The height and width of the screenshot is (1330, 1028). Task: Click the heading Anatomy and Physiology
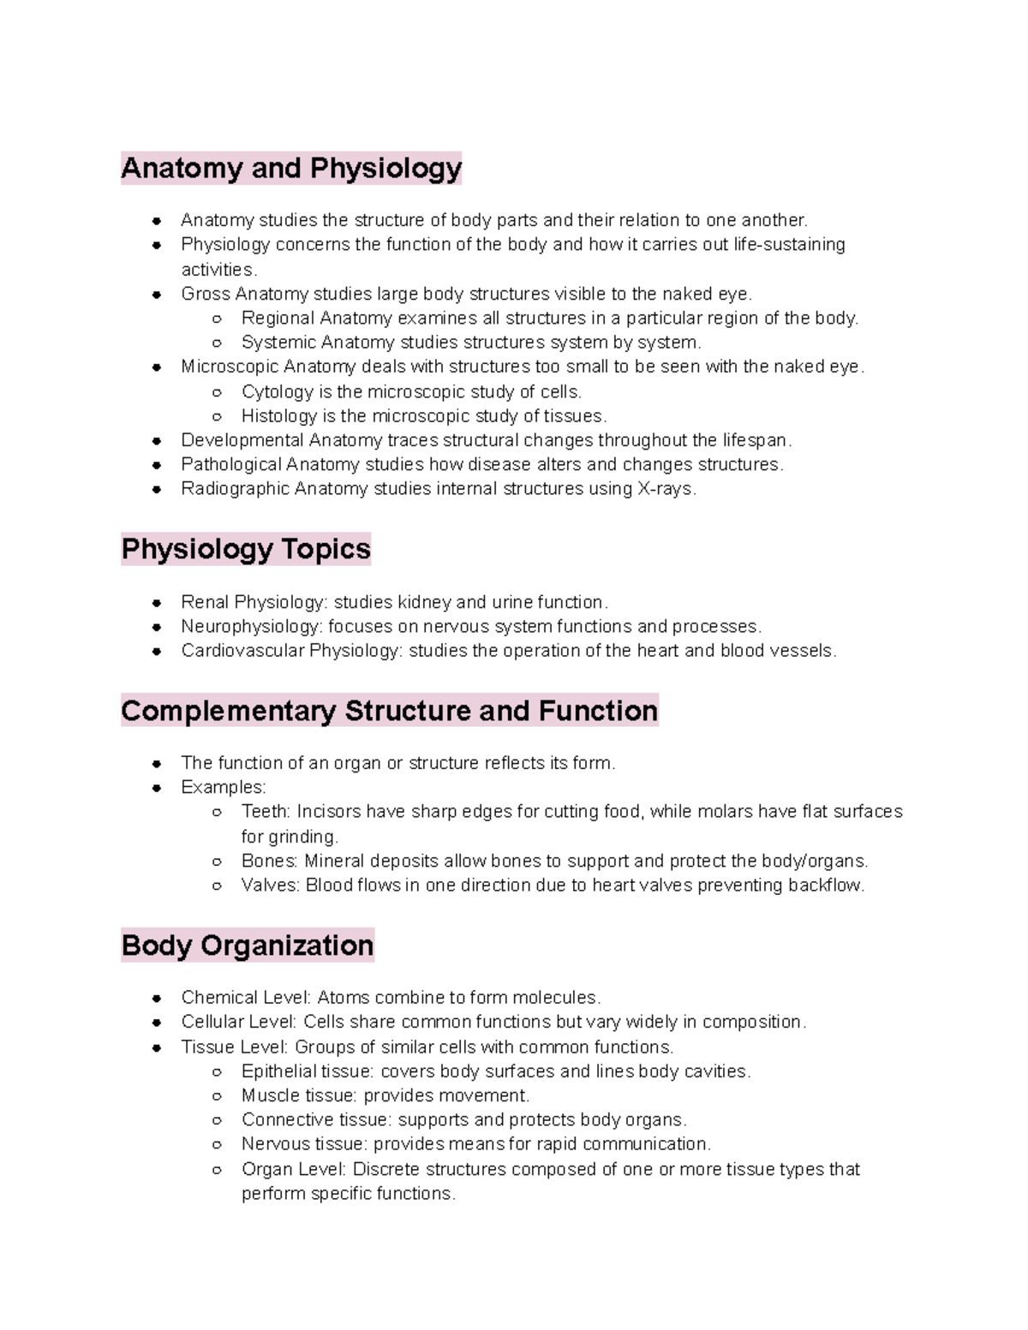coord(291,168)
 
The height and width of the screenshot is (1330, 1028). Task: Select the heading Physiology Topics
coord(246,549)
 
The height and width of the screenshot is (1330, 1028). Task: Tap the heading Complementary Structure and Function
coord(390,711)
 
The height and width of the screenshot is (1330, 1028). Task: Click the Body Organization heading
coord(248,945)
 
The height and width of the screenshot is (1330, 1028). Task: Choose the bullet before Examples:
coord(157,788)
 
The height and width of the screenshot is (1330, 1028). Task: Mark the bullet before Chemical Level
coord(157,999)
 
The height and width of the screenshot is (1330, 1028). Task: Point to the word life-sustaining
coord(789,245)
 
